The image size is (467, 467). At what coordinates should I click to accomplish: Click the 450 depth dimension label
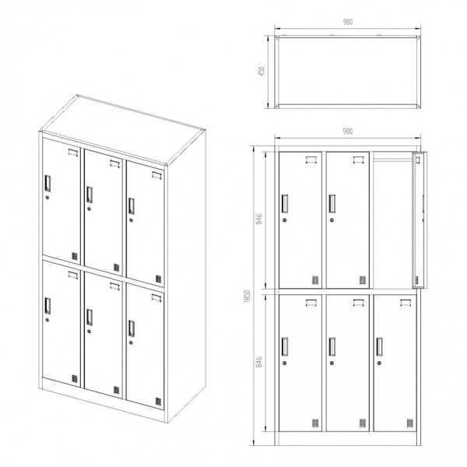[262, 72]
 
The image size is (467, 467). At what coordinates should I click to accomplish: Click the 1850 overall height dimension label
[247, 297]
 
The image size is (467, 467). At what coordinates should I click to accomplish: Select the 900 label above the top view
[348, 22]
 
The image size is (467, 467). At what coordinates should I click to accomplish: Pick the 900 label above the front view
[348, 132]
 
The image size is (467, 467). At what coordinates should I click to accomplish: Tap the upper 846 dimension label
[259, 219]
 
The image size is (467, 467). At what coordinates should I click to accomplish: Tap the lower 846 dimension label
[259, 362]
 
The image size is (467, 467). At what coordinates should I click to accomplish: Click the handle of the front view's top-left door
[285, 204]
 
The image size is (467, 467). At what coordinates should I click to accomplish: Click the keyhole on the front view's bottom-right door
[379, 363]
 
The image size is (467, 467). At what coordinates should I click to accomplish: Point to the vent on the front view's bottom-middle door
[363, 423]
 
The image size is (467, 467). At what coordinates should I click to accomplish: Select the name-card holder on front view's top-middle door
[359, 160]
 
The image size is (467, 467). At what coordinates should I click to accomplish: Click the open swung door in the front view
[420, 220]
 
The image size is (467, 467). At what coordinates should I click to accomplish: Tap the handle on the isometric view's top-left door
[47, 184]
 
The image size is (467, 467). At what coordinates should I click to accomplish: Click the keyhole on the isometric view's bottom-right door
[131, 342]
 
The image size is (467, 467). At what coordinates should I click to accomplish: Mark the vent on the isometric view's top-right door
[159, 279]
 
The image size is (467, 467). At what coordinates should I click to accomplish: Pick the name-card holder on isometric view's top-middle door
[114, 163]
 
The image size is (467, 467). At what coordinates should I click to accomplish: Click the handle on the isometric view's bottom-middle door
[90, 318]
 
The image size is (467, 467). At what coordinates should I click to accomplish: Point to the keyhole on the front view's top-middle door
[332, 220]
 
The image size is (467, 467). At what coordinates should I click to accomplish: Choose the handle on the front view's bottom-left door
[285, 346]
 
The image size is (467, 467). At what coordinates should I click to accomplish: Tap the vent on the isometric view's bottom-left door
[75, 379]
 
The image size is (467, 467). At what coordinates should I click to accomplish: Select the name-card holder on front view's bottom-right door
[406, 303]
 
